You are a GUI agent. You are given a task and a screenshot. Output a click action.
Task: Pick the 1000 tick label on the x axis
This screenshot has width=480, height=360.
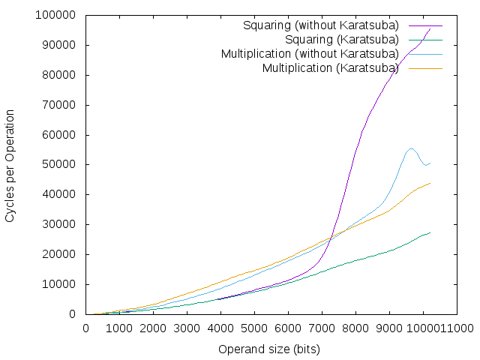[119, 328]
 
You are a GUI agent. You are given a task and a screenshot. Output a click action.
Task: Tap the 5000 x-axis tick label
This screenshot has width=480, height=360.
[254, 328]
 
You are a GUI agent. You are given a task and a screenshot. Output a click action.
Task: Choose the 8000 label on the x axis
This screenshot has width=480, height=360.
[355, 328]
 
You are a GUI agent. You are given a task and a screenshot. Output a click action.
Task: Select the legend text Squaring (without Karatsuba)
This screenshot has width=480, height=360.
[321, 25]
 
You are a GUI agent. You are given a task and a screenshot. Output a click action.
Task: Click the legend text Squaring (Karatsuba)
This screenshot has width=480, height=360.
[342, 40]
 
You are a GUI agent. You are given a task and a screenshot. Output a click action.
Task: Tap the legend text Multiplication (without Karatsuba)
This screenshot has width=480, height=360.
[310, 54]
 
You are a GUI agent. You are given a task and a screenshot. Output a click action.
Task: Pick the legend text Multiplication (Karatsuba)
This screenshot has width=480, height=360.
[331, 68]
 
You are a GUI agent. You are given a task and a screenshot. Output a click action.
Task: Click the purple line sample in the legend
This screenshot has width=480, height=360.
[425, 25]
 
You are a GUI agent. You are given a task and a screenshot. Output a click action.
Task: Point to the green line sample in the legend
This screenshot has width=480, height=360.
[425, 40]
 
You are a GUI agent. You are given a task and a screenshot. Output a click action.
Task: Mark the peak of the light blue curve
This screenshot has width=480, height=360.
[411, 148]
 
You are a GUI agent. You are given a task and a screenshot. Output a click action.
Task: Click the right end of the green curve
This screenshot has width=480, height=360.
[430, 232]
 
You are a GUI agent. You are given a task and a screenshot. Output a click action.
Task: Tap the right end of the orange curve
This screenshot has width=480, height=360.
[430, 183]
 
